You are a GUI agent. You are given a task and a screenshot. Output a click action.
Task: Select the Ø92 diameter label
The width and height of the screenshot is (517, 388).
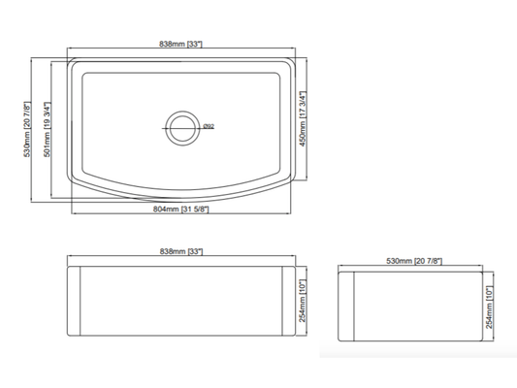point(208,124)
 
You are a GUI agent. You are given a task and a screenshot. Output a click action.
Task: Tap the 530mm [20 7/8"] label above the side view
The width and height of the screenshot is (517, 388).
point(414,260)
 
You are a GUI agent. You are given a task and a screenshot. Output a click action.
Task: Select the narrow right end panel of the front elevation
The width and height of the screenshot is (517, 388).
point(290,301)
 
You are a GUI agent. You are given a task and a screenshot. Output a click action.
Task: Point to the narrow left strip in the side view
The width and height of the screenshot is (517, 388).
point(347,304)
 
